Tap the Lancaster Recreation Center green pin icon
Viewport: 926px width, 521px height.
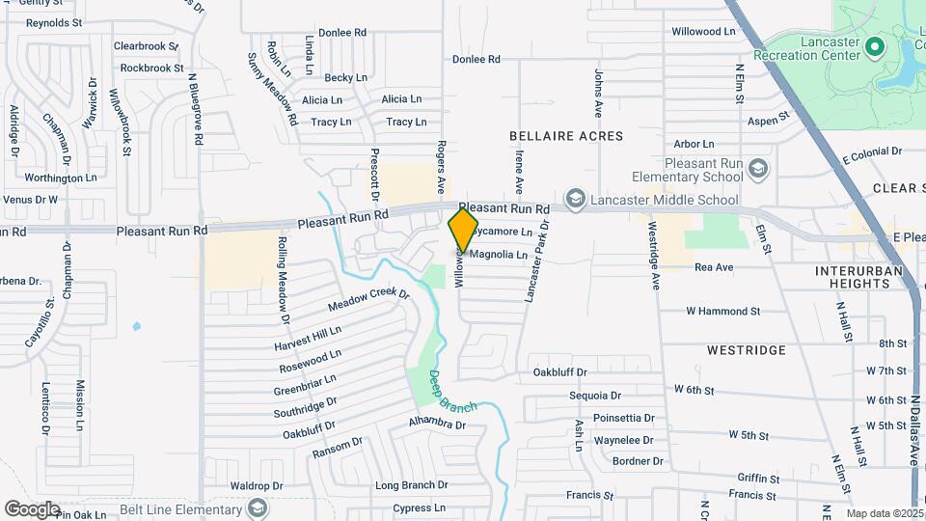(x=875, y=45)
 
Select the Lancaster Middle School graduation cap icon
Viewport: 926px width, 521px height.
(x=576, y=200)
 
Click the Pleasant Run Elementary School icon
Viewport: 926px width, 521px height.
(x=758, y=170)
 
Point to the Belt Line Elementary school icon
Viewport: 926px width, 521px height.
(x=258, y=507)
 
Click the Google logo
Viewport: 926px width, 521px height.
(x=32, y=508)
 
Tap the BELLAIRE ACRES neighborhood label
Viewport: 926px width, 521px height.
(x=566, y=136)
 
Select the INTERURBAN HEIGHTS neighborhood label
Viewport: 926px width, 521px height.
(x=858, y=279)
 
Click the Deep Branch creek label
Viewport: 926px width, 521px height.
(x=452, y=391)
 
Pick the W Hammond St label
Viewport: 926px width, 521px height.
(x=723, y=312)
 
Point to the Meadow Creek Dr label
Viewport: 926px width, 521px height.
(x=368, y=300)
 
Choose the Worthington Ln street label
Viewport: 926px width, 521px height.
(x=61, y=178)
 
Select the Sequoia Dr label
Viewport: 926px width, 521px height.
(x=595, y=396)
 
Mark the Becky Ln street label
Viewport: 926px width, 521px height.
(x=346, y=77)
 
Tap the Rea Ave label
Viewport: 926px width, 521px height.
(x=715, y=266)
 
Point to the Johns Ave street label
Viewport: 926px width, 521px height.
(x=598, y=87)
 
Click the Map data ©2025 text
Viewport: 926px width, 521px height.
(x=885, y=513)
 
